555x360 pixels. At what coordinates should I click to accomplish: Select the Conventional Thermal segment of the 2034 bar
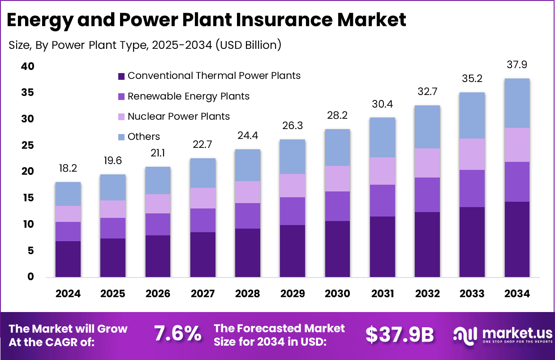(x=517, y=239)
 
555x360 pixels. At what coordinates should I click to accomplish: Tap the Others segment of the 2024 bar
(x=68, y=194)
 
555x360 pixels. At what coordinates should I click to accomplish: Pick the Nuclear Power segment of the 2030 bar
(x=337, y=178)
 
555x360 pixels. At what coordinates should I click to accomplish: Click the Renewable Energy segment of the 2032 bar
(x=427, y=195)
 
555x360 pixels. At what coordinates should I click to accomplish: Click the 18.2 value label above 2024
(x=68, y=168)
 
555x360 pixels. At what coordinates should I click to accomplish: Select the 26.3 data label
(x=292, y=126)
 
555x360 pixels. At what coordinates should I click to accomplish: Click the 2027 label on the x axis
(x=202, y=294)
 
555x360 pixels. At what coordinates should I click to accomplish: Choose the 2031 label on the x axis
(x=383, y=294)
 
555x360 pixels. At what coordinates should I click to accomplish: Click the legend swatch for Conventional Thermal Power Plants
(x=121, y=76)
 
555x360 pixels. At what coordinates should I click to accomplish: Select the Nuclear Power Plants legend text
(x=178, y=117)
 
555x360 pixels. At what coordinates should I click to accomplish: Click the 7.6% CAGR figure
(x=177, y=334)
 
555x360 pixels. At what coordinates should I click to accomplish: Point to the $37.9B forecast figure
(x=400, y=334)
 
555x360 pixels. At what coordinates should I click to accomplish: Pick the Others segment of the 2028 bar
(x=247, y=165)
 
